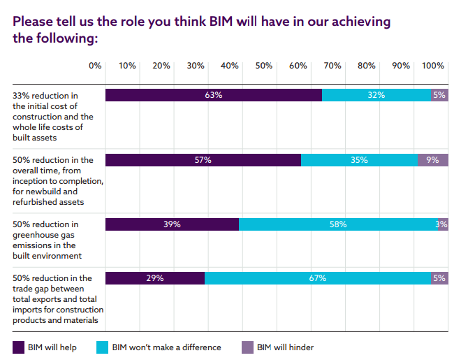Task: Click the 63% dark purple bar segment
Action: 213,95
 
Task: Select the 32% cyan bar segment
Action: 376,95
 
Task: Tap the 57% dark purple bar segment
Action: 203,159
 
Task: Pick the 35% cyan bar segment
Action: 359,159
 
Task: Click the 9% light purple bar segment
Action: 432,159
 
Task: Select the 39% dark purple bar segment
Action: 172,224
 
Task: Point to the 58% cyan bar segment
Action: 339,224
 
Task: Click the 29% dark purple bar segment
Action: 155,278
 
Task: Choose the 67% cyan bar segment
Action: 318,278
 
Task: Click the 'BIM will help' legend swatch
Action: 18,347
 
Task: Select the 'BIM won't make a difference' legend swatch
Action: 103,347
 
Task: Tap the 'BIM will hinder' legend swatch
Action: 247,347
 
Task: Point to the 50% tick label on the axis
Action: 263,66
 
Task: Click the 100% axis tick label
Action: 433,66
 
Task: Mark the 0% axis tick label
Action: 95,66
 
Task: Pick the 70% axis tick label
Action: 332,66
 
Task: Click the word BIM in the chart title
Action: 224,21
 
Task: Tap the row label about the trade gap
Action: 58,299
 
